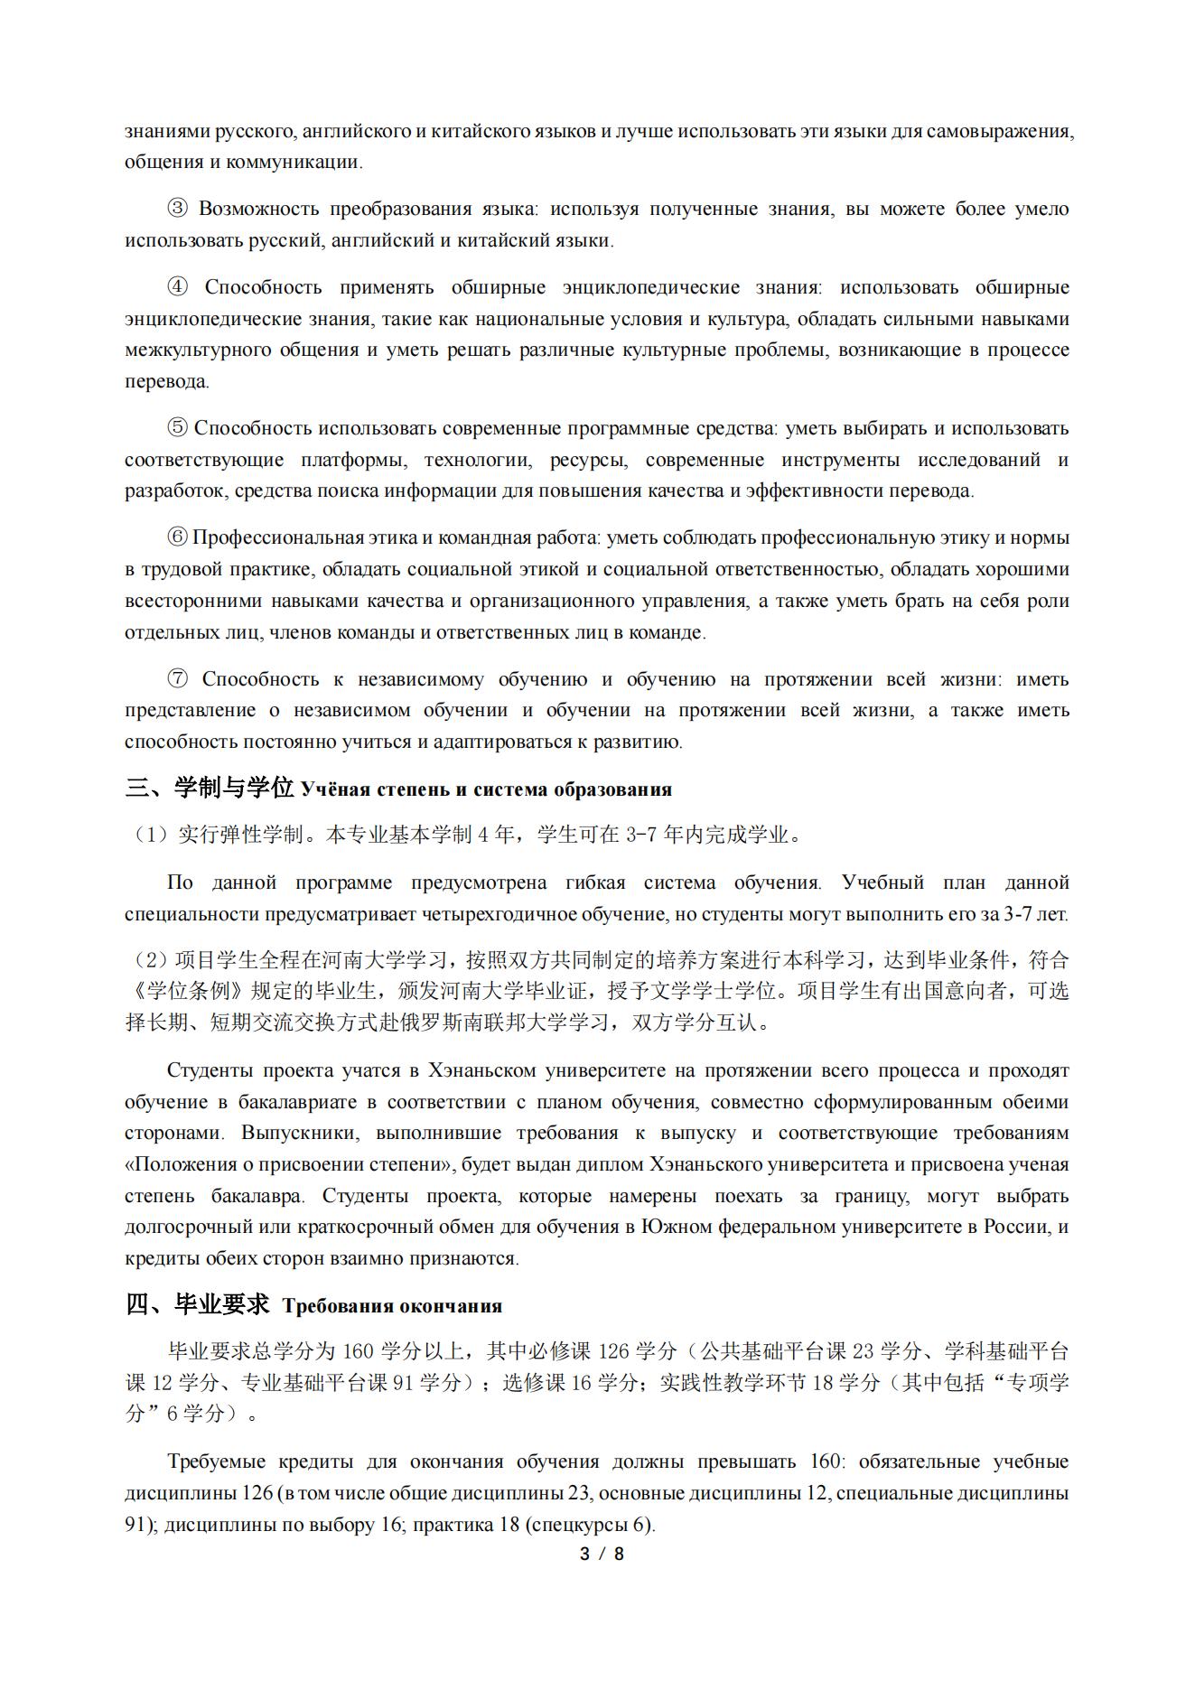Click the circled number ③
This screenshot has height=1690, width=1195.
177,210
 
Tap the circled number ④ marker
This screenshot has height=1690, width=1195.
177,288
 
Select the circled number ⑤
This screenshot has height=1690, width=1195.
177,428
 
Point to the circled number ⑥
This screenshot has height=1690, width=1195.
177,538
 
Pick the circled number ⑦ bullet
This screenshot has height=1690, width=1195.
177,679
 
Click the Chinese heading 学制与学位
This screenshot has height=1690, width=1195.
235,789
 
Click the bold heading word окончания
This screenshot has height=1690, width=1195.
455,1306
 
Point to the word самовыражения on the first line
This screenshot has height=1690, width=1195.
1002,131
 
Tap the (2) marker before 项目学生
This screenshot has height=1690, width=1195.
150,960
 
